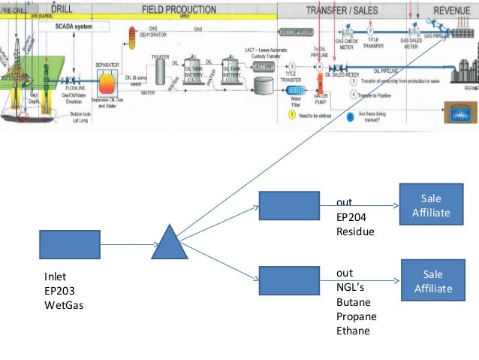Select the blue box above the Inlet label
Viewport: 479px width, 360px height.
coord(69,244)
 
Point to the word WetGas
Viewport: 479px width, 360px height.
coord(62,306)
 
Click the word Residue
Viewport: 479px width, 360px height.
coord(354,231)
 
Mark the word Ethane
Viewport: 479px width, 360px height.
coord(353,331)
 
